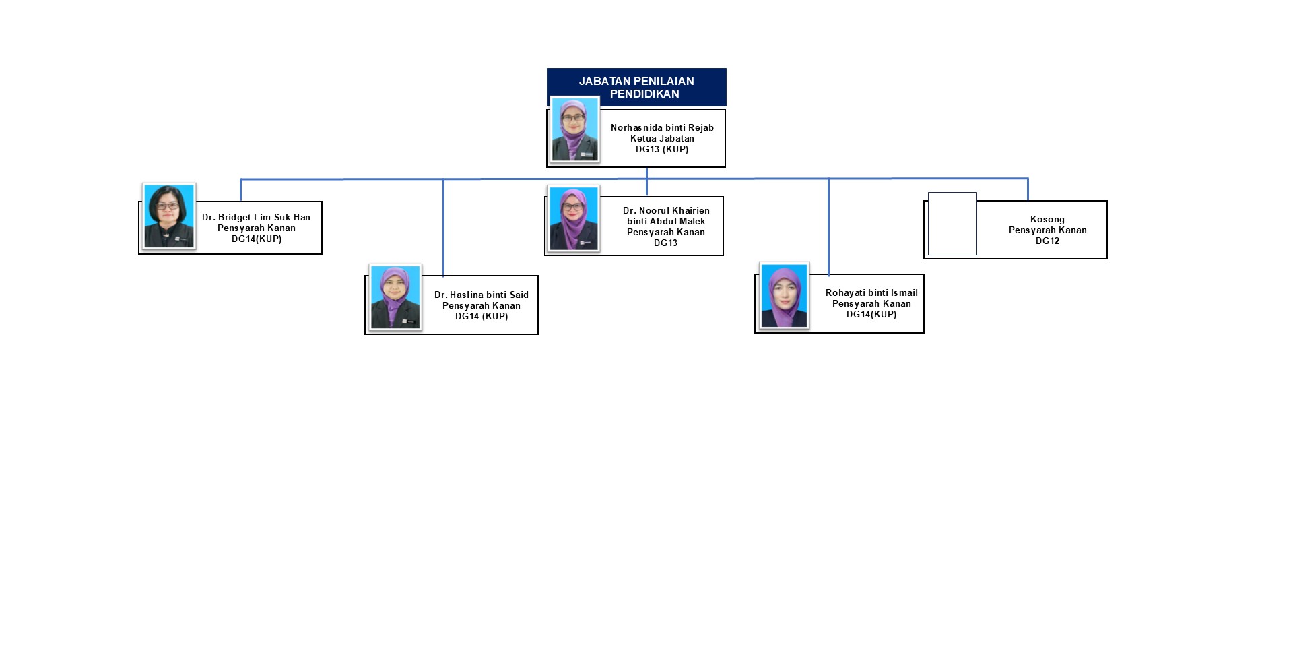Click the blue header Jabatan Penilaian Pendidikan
point(636,87)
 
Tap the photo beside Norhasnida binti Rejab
point(575,129)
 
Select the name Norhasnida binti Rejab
point(662,127)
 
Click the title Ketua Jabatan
point(662,138)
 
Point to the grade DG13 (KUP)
point(662,149)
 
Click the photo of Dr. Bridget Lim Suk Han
point(169,216)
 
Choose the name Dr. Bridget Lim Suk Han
point(256,217)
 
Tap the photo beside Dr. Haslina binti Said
point(395,297)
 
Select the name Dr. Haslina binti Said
point(482,295)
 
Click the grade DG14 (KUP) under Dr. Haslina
point(482,316)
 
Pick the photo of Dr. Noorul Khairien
point(573,219)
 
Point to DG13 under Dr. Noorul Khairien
point(665,243)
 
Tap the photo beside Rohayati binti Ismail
point(785,296)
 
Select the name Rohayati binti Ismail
point(871,292)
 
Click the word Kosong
point(1047,219)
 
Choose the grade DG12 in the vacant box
point(1047,241)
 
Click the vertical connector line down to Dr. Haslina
point(443,228)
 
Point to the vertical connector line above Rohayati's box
point(828,227)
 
